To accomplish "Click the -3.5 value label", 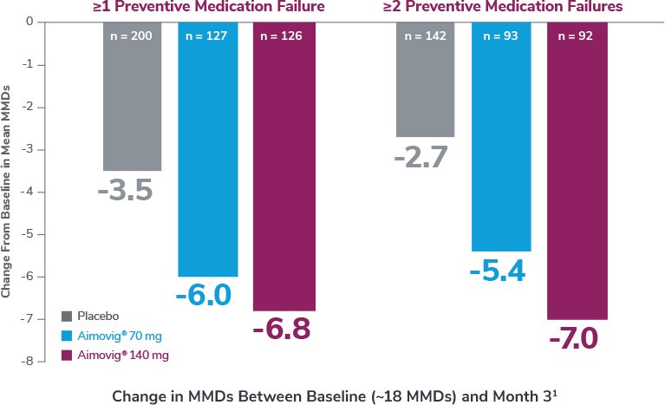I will (x=125, y=191).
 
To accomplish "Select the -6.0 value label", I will (x=204, y=295).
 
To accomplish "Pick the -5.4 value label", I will (x=497, y=271).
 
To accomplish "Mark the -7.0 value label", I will (x=573, y=338).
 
